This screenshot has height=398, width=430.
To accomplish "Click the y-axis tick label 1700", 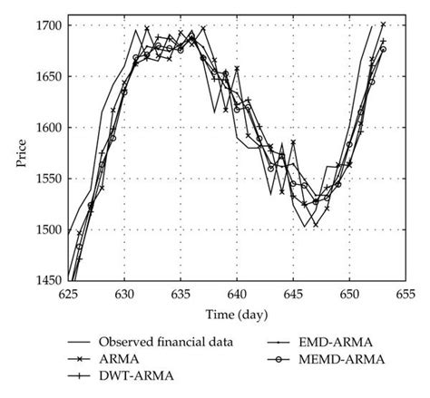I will [x=49, y=25].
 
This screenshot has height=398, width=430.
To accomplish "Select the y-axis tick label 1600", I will [x=49, y=128].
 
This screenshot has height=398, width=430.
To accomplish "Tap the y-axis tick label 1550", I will [x=49, y=179].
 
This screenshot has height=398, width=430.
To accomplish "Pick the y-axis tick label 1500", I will [x=49, y=230].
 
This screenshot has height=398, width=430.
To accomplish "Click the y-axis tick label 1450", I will [x=49, y=281].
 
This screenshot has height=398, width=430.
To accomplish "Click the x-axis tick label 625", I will [x=68, y=295].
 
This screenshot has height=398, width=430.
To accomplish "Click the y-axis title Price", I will [x=20, y=153].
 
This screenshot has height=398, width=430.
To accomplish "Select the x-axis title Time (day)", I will [x=238, y=315].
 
